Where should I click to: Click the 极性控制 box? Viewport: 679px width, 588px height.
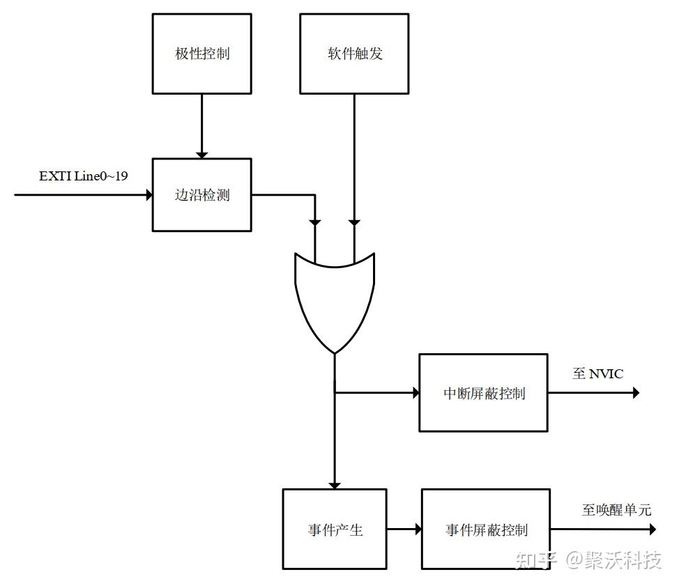point(202,54)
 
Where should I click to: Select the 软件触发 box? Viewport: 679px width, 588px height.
point(354,54)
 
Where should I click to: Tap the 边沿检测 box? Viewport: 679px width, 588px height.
point(202,194)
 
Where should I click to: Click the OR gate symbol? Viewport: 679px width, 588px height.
point(335,300)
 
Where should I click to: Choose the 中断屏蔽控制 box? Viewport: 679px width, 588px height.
point(483,393)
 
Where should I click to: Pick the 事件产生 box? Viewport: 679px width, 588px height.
point(335,529)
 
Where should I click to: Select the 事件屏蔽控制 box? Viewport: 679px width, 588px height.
point(486,529)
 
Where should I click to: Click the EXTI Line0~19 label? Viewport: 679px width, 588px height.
point(83,176)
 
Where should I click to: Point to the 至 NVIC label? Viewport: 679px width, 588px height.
point(597,374)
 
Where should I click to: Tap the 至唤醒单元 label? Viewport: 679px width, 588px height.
point(616,510)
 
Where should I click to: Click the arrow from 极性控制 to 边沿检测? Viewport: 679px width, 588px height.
point(202,125)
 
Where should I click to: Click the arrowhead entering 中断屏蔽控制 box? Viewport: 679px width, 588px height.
point(415,393)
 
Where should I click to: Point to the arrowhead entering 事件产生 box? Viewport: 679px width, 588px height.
point(335,483)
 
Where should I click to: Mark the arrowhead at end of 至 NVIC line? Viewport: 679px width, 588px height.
point(635,393)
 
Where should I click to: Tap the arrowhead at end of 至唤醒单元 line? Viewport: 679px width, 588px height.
point(652,529)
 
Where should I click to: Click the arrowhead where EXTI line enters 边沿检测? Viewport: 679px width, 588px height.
point(148,194)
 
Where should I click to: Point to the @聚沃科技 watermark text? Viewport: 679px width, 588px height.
point(613,559)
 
